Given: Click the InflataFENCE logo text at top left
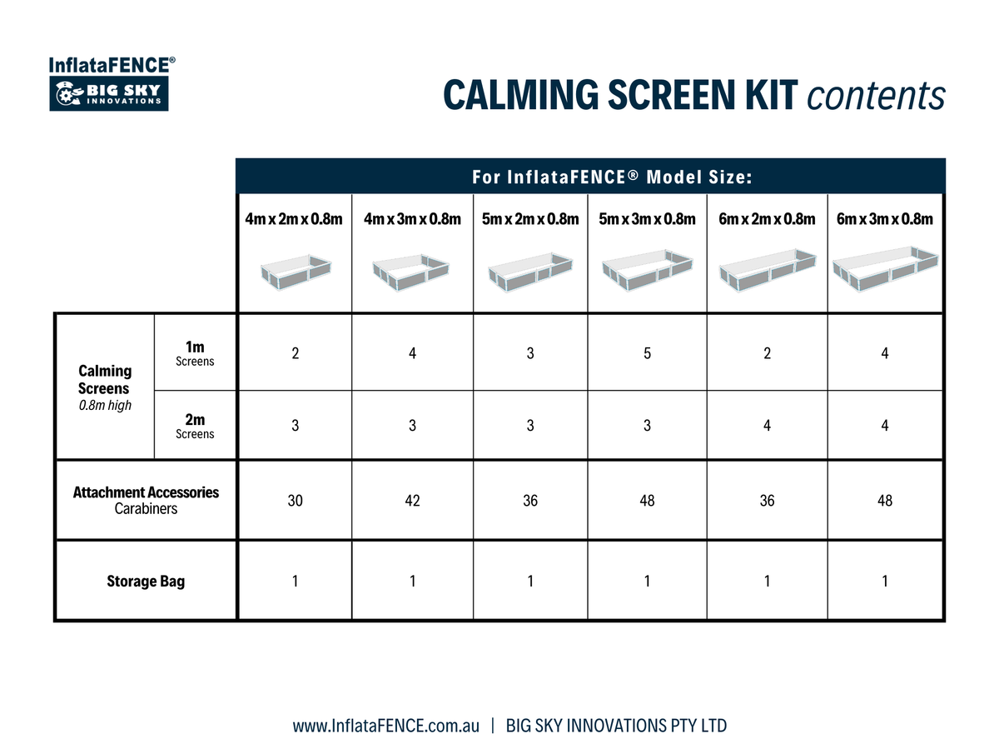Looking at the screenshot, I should tap(111, 65).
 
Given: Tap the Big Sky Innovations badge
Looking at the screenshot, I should tap(110, 94).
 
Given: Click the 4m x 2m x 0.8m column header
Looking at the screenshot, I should tap(294, 219).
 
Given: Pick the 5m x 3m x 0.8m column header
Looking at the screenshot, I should tap(647, 219).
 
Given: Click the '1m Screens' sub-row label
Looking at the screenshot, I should tap(195, 353).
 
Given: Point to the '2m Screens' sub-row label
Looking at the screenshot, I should tap(195, 426).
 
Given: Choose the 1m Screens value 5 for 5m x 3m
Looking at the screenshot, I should tap(647, 353).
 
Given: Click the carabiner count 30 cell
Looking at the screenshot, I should tap(295, 501).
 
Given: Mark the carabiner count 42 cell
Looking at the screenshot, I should tap(412, 501).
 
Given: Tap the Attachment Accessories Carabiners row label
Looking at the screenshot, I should tap(146, 500).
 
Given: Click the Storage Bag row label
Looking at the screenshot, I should tap(146, 581).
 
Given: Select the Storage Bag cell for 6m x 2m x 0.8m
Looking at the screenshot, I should tap(767, 581).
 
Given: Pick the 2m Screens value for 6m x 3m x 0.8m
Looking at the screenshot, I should tap(885, 426).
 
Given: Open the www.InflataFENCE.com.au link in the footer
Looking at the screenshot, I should tap(385, 726).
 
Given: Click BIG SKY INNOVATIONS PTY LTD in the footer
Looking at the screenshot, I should tap(616, 726).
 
